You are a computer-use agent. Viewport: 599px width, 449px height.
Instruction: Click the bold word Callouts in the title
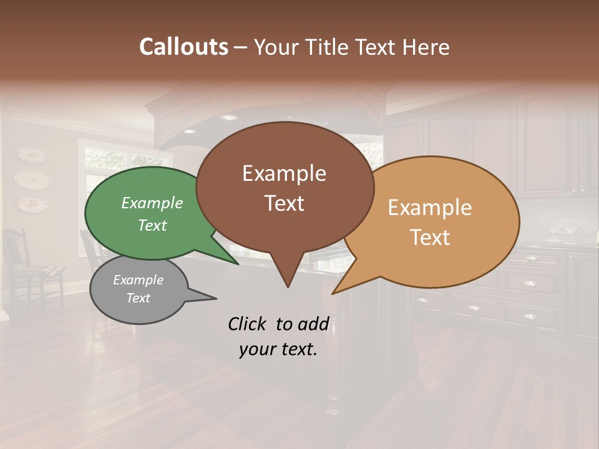pyautogui.click(x=183, y=47)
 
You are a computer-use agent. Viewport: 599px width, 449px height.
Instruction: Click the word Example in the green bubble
pyautogui.click(x=152, y=203)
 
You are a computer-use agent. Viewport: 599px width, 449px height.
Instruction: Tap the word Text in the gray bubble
pyautogui.click(x=139, y=298)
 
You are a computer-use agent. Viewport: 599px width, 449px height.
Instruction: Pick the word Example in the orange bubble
pyautogui.click(x=430, y=208)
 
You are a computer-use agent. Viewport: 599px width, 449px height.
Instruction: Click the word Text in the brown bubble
pyautogui.click(x=285, y=203)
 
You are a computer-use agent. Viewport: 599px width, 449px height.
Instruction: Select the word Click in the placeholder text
pyautogui.click(x=248, y=324)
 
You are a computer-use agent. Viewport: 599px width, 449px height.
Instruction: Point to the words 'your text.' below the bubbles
pyautogui.click(x=278, y=349)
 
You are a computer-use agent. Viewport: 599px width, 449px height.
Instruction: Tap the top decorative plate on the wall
pyautogui.click(x=31, y=154)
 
